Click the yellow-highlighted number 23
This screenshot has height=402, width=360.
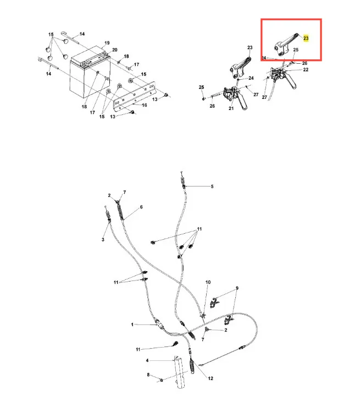click(x=306, y=38)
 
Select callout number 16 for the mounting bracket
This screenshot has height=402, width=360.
click(x=144, y=105)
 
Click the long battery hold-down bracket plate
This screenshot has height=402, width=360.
click(x=135, y=97)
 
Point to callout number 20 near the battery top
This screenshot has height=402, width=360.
click(x=115, y=49)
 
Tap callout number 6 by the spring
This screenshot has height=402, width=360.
click(x=141, y=207)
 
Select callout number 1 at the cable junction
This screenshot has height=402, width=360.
click(x=132, y=324)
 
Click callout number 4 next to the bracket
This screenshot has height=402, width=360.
click(x=147, y=360)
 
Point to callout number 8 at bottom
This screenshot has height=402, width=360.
click(x=148, y=375)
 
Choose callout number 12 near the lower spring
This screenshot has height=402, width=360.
click(x=211, y=378)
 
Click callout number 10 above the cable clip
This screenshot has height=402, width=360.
click(x=208, y=282)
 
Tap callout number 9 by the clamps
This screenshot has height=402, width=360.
click(x=237, y=288)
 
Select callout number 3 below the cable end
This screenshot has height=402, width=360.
click(x=103, y=240)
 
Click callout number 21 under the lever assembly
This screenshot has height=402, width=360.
click(x=231, y=108)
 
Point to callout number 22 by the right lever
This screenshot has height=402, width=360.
click(x=306, y=69)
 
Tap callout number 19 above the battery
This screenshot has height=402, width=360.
click(x=107, y=43)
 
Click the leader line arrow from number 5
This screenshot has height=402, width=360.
click(x=197, y=186)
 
